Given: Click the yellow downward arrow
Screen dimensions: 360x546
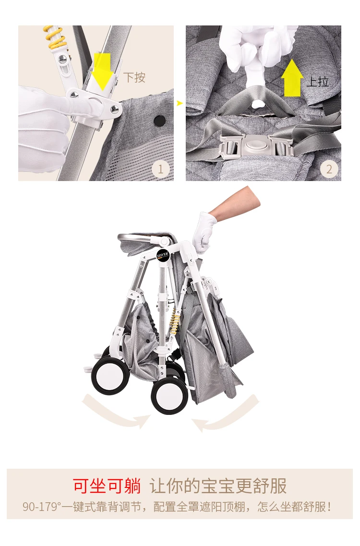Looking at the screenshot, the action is (x=102, y=72).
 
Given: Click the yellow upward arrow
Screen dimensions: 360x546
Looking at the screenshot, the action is (x=292, y=77).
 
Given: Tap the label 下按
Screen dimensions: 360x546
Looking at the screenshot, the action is (x=134, y=77).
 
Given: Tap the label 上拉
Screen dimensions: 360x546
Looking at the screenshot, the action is (x=318, y=82).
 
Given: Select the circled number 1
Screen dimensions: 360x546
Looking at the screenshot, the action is (x=160, y=169).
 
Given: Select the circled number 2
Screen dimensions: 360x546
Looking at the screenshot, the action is (x=329, y=169).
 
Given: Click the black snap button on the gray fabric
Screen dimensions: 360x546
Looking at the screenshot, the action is (x=160, y=121).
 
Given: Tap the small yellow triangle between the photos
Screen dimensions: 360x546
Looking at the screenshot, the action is (x=180, y=103).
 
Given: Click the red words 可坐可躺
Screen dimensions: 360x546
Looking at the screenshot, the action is (x=107, y=486).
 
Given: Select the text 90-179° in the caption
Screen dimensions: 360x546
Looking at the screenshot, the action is (x=42, y=507).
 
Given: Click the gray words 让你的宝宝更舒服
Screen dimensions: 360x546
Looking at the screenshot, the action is (x=218, y=486).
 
